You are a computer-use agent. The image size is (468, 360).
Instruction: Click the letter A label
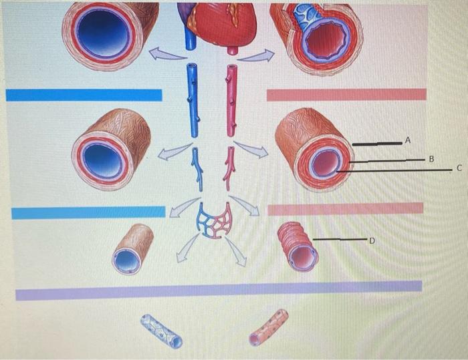point(408,140)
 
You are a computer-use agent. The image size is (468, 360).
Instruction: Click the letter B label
point(431,159)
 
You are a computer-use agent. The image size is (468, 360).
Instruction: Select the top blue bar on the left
point(84,95)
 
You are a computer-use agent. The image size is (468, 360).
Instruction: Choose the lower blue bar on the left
point(88,212)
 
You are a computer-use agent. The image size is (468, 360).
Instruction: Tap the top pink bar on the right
point(346,95)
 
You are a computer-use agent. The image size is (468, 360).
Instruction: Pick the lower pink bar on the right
point(345,209)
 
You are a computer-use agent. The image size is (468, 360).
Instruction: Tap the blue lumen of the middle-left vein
point(104,158)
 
